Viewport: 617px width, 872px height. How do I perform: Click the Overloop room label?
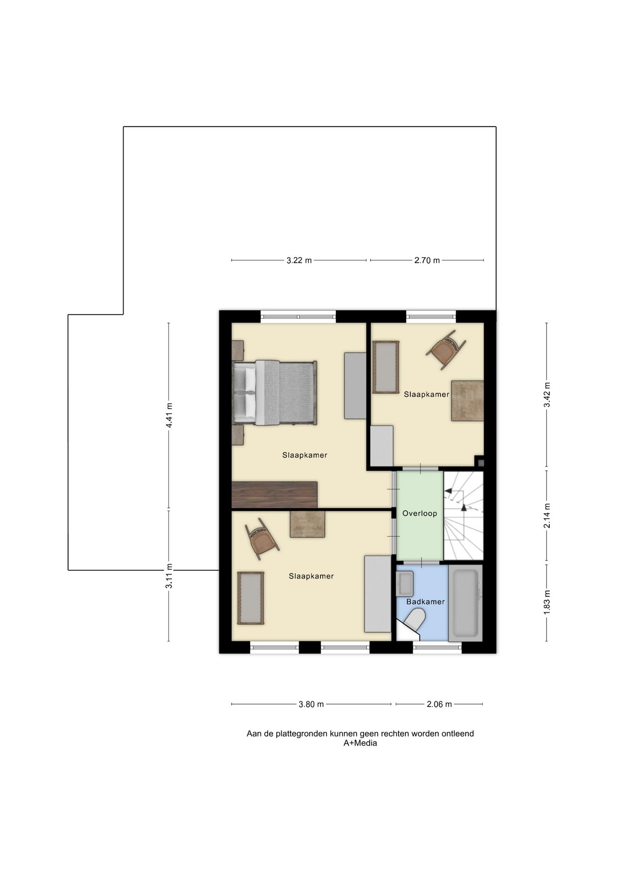[419, 514]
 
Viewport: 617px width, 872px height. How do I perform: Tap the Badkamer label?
[425, 602]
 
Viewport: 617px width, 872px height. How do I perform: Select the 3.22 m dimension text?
[299, 261]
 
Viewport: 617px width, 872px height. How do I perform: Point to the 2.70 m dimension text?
[427, 261]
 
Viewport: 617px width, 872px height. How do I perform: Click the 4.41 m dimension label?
[169, 415]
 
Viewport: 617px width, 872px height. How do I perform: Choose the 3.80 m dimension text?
[311, 704]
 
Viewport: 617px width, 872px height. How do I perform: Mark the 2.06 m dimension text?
[439, 704]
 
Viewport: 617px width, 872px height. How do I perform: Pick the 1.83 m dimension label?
[547, 603]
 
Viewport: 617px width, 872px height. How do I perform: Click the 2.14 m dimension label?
[547, 515]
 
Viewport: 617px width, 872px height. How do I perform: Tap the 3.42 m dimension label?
[547, 395]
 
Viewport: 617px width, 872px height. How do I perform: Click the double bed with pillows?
[274, 393]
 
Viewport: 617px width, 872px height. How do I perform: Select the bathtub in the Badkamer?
[465, 603]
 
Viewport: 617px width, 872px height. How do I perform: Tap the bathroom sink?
[404, 584]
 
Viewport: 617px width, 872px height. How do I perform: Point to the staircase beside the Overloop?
[463, 516]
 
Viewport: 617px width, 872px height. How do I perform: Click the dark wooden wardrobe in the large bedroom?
[274, 495]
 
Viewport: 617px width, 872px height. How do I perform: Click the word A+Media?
[360, 743]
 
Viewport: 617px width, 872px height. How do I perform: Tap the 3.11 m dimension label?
[169, 576]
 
